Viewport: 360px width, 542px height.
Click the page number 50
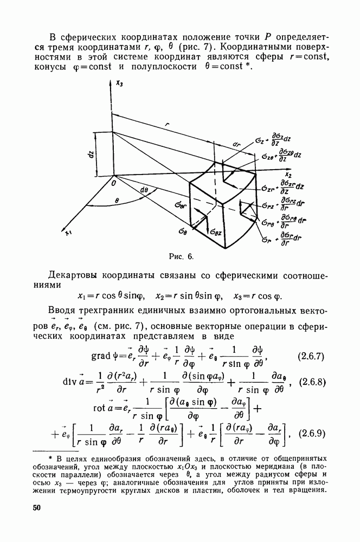pyautogui.click(x=37, y=508)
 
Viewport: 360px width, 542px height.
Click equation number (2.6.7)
pyautogui.click(x=311, y=357)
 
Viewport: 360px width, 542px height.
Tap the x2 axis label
pyautogui.click(x=288, y=175)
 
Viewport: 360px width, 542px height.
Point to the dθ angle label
pyautogui.click(x=144, y=190)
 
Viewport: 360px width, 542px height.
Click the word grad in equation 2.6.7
pyautogui.click(x=103, y=358)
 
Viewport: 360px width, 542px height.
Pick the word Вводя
pyautogui.click(x=65, y=311)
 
